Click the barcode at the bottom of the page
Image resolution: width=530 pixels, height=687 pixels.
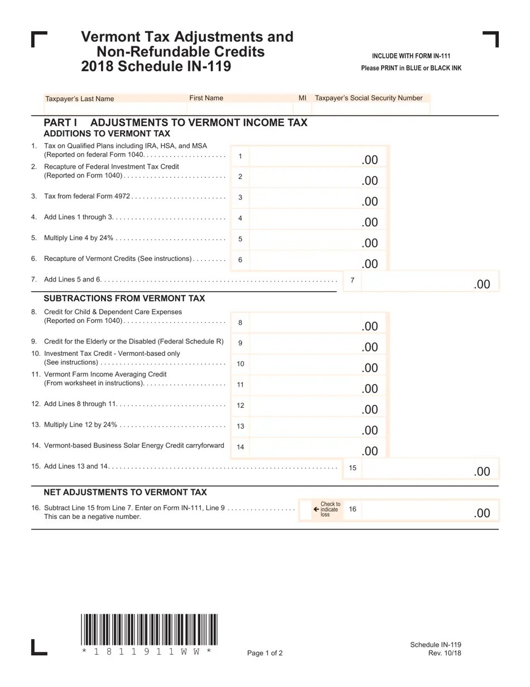149,629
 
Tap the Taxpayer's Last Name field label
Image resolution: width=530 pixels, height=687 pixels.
79,99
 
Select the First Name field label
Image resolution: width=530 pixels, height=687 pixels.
206,98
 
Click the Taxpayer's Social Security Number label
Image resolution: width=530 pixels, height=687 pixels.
368,98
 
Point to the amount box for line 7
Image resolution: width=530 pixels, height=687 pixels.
430,280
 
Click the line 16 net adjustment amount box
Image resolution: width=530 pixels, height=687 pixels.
430,510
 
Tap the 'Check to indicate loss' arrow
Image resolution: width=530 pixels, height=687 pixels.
316,509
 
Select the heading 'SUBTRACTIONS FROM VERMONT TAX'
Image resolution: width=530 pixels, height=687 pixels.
124,298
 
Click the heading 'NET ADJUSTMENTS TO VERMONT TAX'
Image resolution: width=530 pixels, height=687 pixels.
125,492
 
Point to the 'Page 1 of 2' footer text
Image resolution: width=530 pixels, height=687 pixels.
265,653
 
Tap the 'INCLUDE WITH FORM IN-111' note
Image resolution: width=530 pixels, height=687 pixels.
411,56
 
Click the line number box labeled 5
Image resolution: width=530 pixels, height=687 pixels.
240,239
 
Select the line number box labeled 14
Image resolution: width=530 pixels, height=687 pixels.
240,447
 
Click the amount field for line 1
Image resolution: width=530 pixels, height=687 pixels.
318,156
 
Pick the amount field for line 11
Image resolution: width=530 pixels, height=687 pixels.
318,385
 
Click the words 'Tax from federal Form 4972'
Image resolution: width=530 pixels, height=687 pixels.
87,196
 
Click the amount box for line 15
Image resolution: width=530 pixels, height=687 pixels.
430,468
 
